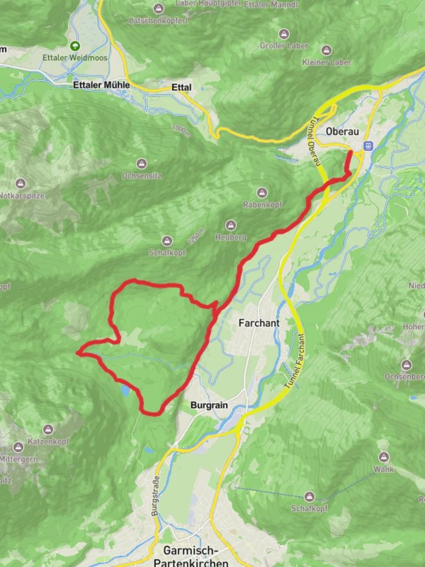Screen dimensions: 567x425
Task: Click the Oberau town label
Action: click(342, 132)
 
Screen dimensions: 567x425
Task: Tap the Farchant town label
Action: click(259, 323)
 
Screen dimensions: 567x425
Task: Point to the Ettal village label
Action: click(182, 87)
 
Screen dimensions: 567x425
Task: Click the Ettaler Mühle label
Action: click(101, 85)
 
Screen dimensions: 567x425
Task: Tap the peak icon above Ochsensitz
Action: click(141, 164)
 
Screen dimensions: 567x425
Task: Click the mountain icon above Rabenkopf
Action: click(262, 193)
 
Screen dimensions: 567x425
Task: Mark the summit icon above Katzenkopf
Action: click(48, 430)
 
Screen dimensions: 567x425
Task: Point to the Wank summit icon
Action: click(384, 457)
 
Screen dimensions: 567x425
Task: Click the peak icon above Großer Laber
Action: click(284, 34)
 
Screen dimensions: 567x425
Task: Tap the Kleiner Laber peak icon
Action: click(326, 50)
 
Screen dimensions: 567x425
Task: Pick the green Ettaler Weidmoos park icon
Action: click(75, 46)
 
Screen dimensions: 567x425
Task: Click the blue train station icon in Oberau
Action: click(368, 145)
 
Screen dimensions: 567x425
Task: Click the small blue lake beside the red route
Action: click(125, 390)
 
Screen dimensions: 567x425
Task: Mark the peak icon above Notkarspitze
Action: click(20, 184)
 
